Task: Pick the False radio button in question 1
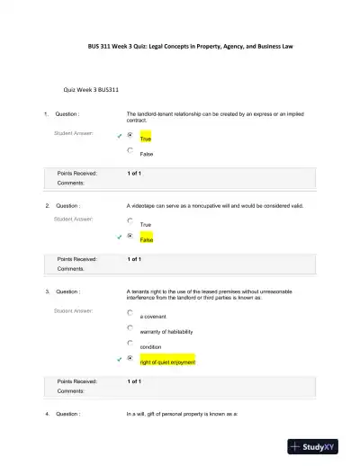(130, 150)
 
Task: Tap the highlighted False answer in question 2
(147, 240)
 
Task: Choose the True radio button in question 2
(130, 220)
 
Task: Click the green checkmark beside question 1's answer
(118, 136)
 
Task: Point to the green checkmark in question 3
(118, 359)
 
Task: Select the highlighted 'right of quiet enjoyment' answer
(166, 362)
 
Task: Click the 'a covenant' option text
(153, 317)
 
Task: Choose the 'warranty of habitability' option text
(166, 332)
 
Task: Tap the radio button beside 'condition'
(130, 343)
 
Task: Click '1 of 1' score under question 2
(134, 259)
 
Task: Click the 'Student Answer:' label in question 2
(73, 219)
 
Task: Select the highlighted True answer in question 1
(146, 139)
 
